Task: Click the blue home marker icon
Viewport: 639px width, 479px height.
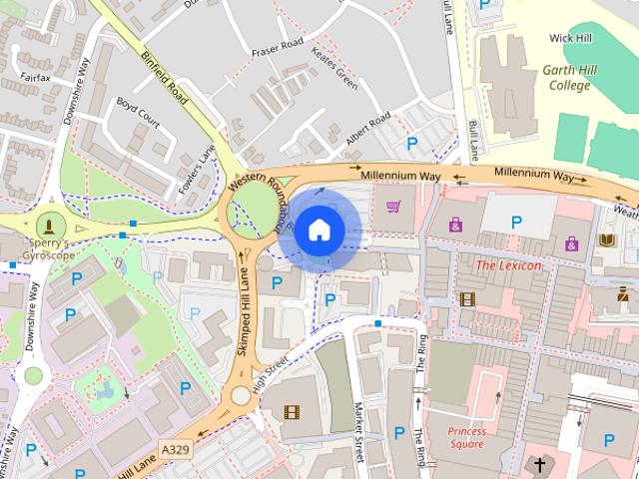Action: point(318,231)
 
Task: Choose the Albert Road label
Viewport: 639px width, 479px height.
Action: point(367,132)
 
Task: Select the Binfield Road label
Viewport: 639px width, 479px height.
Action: point(165,78)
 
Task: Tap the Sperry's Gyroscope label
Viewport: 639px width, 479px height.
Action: point(47,249)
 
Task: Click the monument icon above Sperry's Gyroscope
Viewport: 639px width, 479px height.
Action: point(48,224)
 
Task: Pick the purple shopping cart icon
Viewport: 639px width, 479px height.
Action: point(393,208)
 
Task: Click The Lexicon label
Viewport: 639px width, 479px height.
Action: point(508,265)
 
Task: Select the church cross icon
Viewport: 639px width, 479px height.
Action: point(540,465)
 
